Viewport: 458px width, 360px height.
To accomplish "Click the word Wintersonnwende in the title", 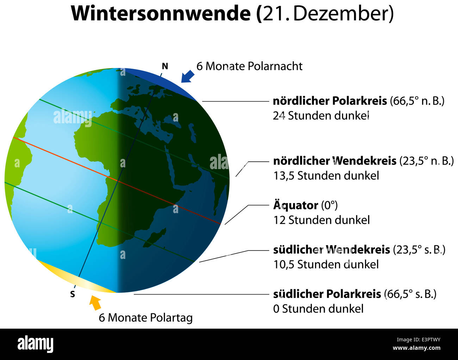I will (161, 13).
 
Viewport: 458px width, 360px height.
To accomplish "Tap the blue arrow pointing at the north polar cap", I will (187, 76).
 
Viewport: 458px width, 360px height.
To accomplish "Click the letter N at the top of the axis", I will (165, 66).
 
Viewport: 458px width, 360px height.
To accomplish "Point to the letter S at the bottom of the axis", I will (73, 294).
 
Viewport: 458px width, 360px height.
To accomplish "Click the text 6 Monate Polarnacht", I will (249, 66).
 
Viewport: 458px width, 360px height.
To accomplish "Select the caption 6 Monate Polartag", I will (146, 317).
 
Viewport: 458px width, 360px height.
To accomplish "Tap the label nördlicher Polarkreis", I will (330, 101).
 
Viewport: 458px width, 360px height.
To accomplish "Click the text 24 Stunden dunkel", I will (321, 116).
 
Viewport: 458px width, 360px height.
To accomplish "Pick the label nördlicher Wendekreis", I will (335, 161).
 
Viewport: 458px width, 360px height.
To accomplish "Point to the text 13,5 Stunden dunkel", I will (326, 175).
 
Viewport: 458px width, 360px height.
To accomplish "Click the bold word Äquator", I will (295, 205).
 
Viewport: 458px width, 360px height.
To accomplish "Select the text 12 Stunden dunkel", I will (321, 220).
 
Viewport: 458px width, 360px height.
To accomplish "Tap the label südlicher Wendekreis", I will (332, 250).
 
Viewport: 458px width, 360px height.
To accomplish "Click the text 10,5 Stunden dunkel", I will (326, 264).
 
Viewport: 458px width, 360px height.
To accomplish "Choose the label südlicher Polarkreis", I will (327, 294).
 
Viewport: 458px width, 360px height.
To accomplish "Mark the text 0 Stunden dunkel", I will (318, 309).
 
